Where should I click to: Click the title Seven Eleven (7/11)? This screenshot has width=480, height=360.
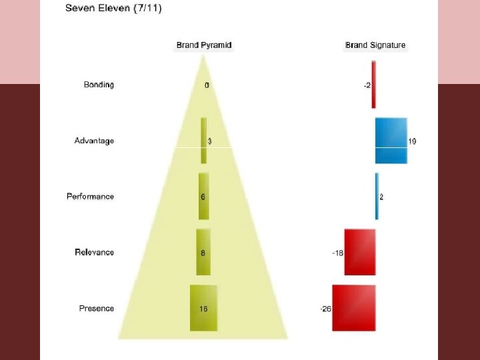coord(113,9)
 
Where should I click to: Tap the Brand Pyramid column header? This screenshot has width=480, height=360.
coord(204,45)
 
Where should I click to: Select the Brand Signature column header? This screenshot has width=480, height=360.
coord(375,45)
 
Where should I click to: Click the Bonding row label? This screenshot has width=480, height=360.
coord(99,85)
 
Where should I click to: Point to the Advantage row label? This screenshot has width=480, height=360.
coord(94,141)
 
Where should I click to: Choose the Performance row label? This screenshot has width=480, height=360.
coord(90,197)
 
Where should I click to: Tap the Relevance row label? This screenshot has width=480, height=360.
coord(94,252)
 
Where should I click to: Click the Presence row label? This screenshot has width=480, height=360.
coord(97,308)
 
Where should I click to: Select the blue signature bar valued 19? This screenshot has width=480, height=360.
coord(391,141)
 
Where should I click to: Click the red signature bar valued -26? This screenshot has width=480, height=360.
coord(354,308)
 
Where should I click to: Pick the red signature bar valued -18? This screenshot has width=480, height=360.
coord(360,252)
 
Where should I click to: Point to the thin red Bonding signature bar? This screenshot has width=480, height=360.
coord(374,85)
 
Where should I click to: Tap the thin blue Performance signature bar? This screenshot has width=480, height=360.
coord(377,197)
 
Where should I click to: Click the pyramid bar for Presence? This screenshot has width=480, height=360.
coord(203,308)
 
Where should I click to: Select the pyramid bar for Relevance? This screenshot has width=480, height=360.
coord(203,252)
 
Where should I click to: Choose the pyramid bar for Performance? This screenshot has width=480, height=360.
coord(203,197)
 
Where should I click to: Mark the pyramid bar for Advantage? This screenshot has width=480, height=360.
coord(204,141)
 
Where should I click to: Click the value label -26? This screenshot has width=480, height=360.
coord(325,309)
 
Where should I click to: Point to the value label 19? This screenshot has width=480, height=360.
coord(413,141)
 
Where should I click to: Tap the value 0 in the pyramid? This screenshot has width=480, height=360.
coord(207,85)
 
